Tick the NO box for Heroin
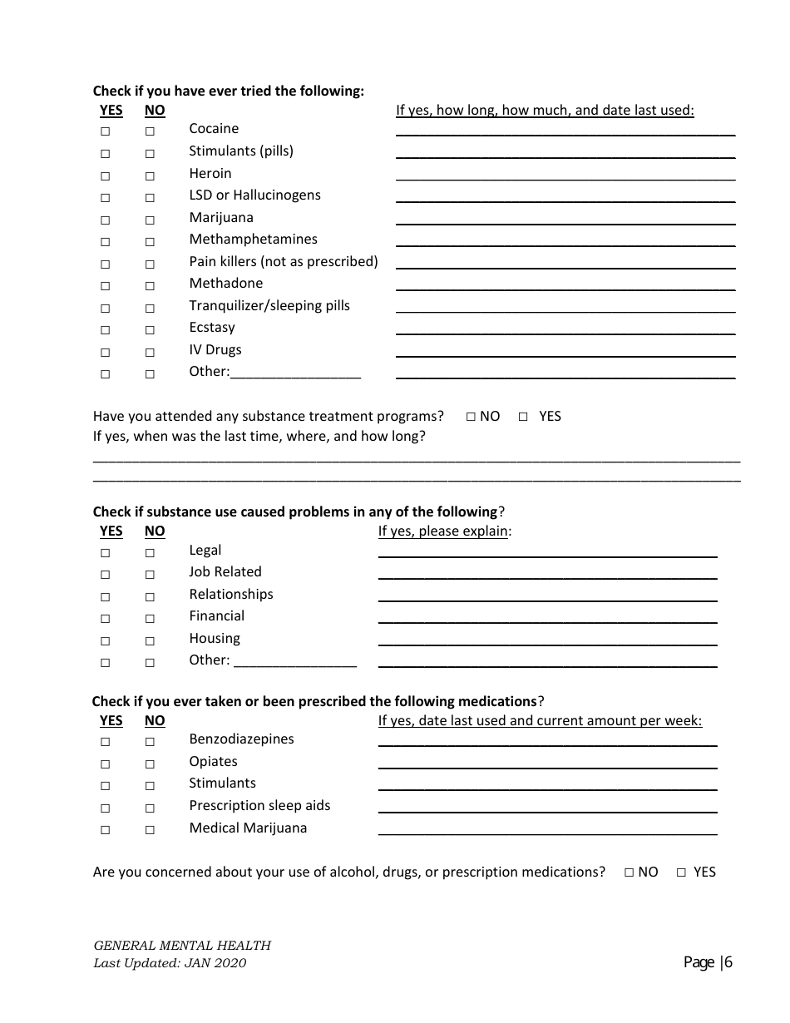(150, 175)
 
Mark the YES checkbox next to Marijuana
(106, 220)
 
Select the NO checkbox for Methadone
(150, 286)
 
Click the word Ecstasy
(212, 328)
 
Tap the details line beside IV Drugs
(565, 351)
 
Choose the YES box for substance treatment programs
(523, 417)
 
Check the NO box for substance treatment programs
(471, 417)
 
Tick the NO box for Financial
(150, 619)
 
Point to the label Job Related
(225, 572)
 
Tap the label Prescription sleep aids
(259, 806)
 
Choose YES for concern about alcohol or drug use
(681, 872)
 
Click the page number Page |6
(708, 962)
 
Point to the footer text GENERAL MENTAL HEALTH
(182, 946)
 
